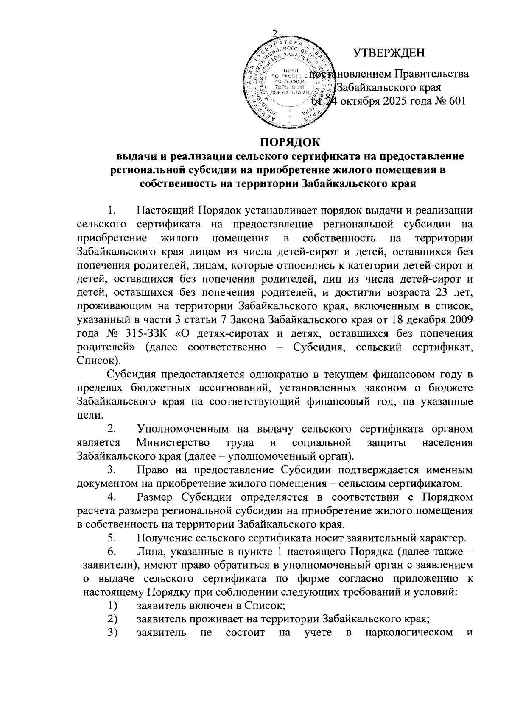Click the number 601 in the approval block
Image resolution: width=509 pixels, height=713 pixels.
click(456, 101)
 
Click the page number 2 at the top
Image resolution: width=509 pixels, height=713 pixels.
click(274, 34)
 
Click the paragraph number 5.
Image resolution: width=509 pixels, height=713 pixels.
click(112, 538)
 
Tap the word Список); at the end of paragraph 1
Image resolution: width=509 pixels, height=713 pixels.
click(98, 361)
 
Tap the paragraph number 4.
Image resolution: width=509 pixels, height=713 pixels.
click(112, 497)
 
